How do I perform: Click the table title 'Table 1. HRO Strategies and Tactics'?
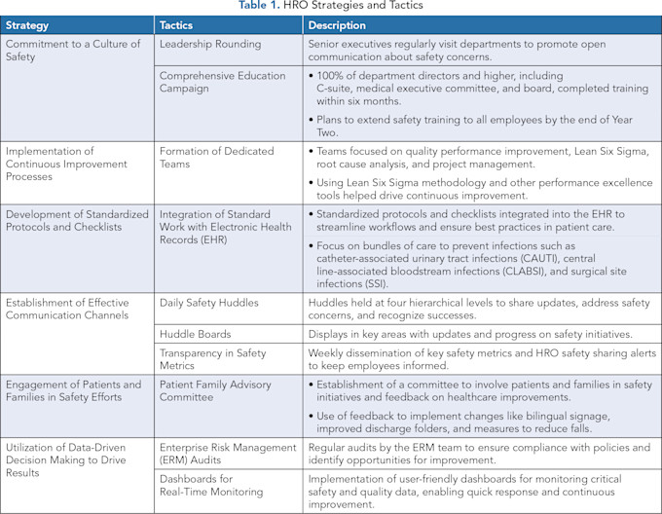tap(331, 7)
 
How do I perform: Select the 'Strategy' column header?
tap(30, 25)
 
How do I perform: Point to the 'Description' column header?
tap(338, 25)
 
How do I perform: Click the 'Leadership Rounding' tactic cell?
tap(210, 45)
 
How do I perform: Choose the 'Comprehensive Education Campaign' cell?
tap(223, 82)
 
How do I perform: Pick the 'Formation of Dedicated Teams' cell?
tap(216, 159)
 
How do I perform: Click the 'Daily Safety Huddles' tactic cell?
tap(209, 303)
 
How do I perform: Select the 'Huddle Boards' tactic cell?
tap(195, 333)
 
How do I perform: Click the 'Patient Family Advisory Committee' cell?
tap(214, 392)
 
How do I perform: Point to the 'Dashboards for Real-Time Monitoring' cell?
tap(212, 486)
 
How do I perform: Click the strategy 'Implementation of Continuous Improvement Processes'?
tap(66, 165)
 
